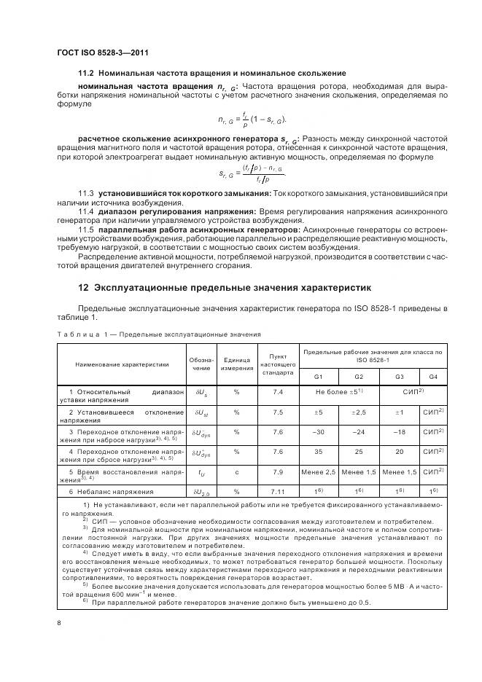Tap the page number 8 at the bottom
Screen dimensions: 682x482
pyautogui.click(x=58, y=623)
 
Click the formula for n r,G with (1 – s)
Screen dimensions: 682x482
pyautogui.click(x=252, y=119)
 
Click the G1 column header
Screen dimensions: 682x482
pyautogui.click(x=318, y=376)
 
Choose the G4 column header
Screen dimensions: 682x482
pyautogui.click(x=432, y=376)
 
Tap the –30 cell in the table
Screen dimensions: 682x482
pyautogui.click(x=318, y=431)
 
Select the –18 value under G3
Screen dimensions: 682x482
pyautogui.click(x=399, y=431)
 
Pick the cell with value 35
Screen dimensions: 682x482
pyautogui.click(x=318, y=452)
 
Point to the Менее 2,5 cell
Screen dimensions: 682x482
pyautogui.click(x=318, y=472)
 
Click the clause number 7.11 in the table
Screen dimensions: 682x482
pyautogui.click(x=277, y=491)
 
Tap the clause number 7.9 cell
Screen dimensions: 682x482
pyautogui.click(x=277, y=472)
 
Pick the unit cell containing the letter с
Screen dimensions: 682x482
pyautogui.click(x=236, y=472)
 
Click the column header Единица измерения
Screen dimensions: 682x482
pyautogui.click(x=236, y=363)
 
